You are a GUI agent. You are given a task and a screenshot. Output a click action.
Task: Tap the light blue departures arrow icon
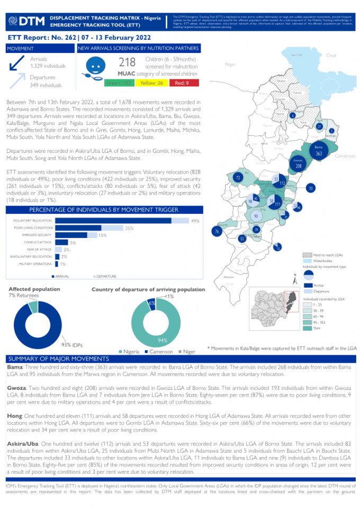click(17, 80)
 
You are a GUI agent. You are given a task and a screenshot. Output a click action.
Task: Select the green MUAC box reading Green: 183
click(119, 83)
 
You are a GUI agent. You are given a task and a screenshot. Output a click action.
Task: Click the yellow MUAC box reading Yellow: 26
click(152, 83)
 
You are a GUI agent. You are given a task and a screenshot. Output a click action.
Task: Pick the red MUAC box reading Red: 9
click(183, 83)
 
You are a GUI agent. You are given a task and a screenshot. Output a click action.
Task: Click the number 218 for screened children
click(127, 63)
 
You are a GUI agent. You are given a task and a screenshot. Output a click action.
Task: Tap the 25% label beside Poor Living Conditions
click(129, 229)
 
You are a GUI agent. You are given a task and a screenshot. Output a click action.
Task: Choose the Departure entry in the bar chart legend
click(105, 277)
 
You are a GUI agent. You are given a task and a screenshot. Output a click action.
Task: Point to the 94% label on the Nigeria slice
click(163, 340)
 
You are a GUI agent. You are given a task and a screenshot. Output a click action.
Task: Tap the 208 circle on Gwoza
click(298, 166)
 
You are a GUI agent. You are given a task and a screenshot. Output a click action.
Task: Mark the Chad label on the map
click(331, 56)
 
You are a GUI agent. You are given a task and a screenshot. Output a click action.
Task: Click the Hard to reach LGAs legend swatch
click(307, 255)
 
